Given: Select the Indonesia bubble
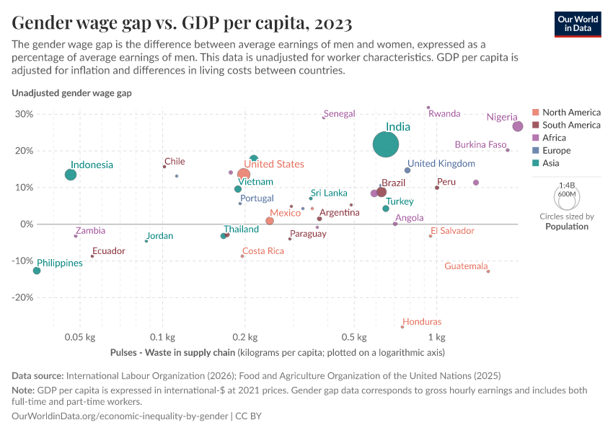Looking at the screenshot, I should tap(71, 175).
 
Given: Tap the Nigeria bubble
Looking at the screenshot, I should tap(517, 126).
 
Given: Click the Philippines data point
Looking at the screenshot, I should tap(37, 271).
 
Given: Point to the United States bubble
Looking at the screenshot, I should tap(244, 175).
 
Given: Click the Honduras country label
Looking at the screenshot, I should tap(422, 322).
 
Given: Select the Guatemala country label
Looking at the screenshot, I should tap(466, 266).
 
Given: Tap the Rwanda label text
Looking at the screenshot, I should tap(444, 114).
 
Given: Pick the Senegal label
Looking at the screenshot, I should tap(340, 114).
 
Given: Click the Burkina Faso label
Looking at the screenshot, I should tap(480, 144).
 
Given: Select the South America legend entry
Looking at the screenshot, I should tap(570, 125).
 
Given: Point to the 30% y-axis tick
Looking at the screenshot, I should tap(24, 114).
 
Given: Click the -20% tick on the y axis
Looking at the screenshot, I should tap(22, 297).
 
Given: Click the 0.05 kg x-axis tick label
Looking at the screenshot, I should tap(80, 337).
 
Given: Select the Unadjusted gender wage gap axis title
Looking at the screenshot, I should tap(71, 93).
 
